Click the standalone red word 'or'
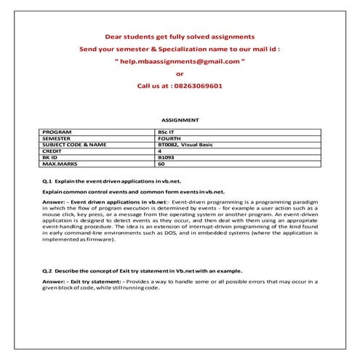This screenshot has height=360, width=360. pos(180,73)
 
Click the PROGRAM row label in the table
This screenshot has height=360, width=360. pos(57,132)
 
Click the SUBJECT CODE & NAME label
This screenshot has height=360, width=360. pos(74,144)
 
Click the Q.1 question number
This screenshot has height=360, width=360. pos(47,178)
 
